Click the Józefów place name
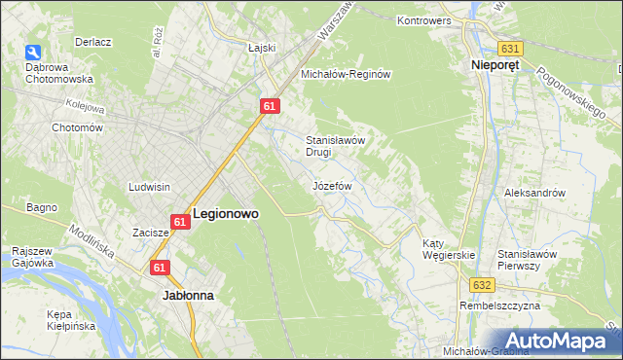[331, 185]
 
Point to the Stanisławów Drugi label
[335, 145]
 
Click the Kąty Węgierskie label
[448, 249]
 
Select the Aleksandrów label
[534, 193]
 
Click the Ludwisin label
[150, 186]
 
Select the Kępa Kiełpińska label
[71, 320]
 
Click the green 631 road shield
[511, 48]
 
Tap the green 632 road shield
[483, 284]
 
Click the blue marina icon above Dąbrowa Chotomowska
[33, 53]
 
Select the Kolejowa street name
[85, 102]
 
